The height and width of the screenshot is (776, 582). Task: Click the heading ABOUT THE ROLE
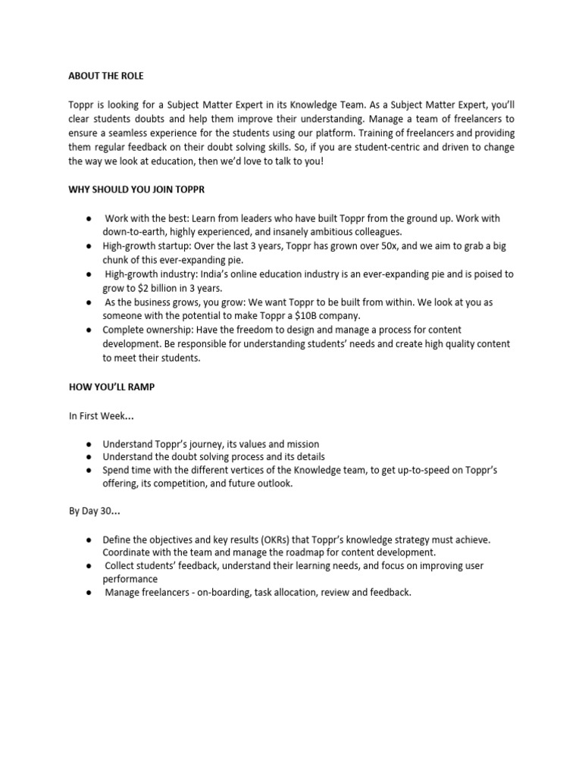(105, 77)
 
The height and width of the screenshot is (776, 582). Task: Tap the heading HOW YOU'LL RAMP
(112, 387)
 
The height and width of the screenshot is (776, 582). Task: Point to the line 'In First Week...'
(102, 415)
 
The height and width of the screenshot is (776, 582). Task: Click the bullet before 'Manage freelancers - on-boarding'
(89, 593)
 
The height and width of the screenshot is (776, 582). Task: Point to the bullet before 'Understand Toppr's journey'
(89, 443)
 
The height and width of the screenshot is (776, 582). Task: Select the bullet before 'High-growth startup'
(89, 246)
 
